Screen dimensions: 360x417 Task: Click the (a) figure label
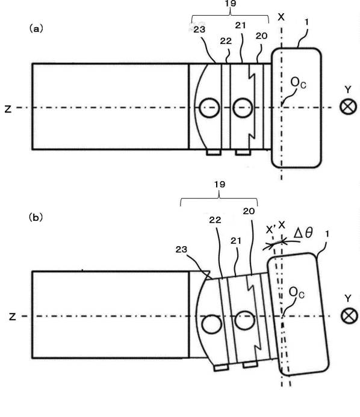pyautogui.click(x=36, y=28)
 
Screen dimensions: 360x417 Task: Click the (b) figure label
pyautogui.click(x=36, y=217)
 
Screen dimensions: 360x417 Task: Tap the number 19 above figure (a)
pyautogui.click(x=230, y=4)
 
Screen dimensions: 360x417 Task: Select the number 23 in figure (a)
pyautogui.click(x=199, y=29)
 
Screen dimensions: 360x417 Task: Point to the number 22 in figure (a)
pyautogui.click(x=226, y=41)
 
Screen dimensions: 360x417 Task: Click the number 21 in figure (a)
pyautogui.click(x=240, y=25)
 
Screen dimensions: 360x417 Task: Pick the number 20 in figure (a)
pyautogui.click(x=261, y=36)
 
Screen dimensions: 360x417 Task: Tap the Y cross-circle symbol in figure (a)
pyautogui.click(x=349, y=107)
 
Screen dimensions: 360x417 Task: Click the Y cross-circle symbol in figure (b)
pyautogui.click(x=349, y=316)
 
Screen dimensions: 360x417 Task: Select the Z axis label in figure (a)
pyautogui.click(x=8, y=109)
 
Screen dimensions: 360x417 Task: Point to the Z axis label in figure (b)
pyautogui.click(x=12, y=317)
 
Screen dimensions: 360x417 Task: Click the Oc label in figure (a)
pyautogui.click(x=298, y=82)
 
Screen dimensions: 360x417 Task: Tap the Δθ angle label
pyautogui.click(x=303, y=233)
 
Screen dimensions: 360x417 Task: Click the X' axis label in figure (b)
pyautogui.click(x=270, y=229)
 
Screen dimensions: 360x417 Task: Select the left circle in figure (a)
pyautogui.click(x=209, y=108)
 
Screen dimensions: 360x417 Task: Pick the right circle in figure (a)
pyautogui.click(x=243, y=108)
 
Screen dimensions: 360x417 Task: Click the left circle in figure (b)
pyautogui.click(x=211, y=324)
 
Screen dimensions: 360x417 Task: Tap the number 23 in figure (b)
pyautogui.click(x=181, y=249)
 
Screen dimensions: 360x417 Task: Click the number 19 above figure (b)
pyautogui.click(x=220, y=184)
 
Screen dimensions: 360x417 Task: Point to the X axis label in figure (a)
pyautogui.click(x=281, y=17)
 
